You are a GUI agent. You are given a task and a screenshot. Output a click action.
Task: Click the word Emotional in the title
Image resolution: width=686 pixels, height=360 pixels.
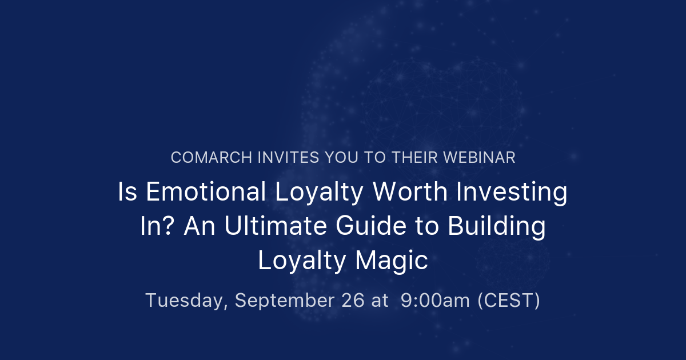[x=206, y=192]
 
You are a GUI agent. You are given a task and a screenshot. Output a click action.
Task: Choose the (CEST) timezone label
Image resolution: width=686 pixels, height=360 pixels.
[x=509, y=300]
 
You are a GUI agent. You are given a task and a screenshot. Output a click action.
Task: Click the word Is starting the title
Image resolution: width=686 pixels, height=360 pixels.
[x=127, y=192]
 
